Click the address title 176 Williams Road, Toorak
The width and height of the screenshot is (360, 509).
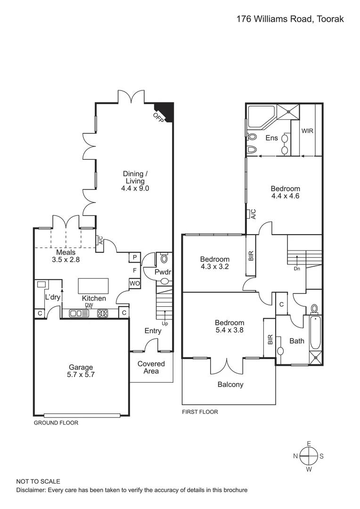tap(290, 19)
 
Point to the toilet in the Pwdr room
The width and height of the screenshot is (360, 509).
tap(164, 259)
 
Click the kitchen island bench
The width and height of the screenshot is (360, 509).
tap(93, 286)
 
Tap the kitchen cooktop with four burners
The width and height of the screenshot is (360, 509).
tap(103, 313)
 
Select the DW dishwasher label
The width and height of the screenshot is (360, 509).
tap(89, 305)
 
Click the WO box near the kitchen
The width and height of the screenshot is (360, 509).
tap(134, 283)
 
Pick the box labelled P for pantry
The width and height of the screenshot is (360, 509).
tap(134, 257)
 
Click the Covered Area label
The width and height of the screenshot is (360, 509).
tap(151, 367)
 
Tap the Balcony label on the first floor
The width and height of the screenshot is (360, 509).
tap(230, 385)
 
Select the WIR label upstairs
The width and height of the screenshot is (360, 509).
tap(307, 131)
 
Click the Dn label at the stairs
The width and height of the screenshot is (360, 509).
tap(297, 269)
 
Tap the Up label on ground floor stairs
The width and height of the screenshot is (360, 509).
tap(164, 324)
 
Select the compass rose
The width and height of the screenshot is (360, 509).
tap(309, 456)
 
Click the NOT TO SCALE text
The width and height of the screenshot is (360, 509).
tap(38, 481)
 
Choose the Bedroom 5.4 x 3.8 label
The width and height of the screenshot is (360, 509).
tap(229, 326)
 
